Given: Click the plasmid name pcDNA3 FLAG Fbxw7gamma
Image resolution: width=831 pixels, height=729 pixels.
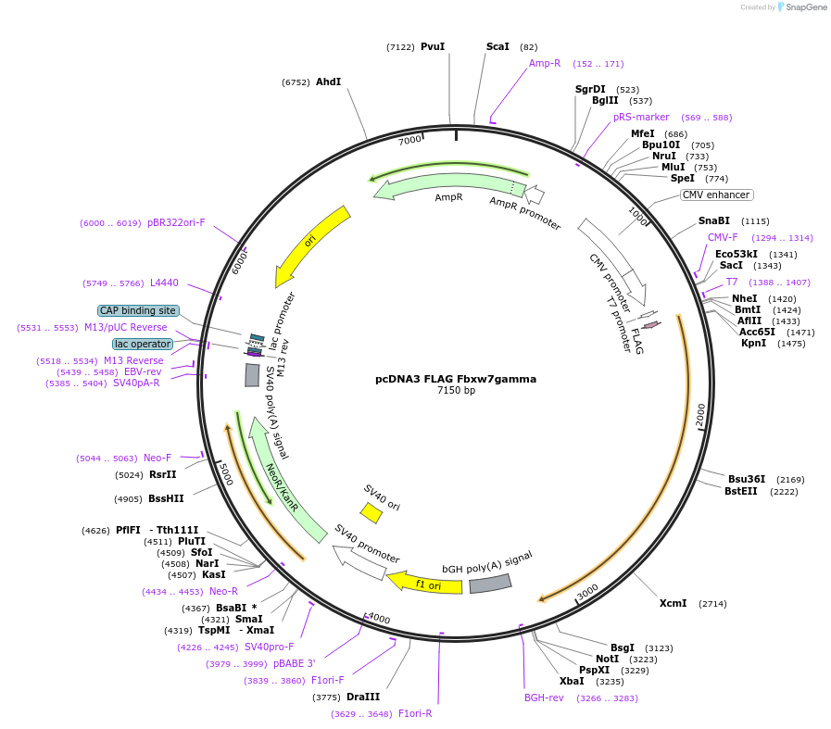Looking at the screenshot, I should [455, 379].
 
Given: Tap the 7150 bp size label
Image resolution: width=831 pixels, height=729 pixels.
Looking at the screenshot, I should [456, 391].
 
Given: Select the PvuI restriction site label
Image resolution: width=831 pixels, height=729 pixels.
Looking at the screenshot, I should [433, 46].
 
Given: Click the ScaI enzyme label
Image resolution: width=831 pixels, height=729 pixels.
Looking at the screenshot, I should [498, 46].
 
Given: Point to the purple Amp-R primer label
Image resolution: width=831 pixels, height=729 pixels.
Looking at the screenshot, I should [545, 64].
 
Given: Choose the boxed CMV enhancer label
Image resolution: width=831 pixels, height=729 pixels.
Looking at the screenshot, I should [716, 195].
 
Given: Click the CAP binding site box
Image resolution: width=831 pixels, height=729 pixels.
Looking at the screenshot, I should [138, 311].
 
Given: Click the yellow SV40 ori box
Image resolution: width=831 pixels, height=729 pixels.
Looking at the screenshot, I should [371, 512].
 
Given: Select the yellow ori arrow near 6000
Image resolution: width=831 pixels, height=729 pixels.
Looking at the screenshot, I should [311, 245].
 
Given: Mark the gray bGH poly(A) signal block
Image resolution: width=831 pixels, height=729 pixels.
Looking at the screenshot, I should [490, 584].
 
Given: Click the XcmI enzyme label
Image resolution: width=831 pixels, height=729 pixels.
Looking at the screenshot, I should [674, 603].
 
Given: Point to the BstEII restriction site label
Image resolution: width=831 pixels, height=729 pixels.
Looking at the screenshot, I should [741, 491].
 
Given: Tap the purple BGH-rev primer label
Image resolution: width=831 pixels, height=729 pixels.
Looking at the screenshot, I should [544, 698].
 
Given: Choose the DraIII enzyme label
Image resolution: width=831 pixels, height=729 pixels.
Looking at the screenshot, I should [363, 697].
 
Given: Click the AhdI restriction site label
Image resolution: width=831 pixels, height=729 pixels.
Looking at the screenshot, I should [329, 82].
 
